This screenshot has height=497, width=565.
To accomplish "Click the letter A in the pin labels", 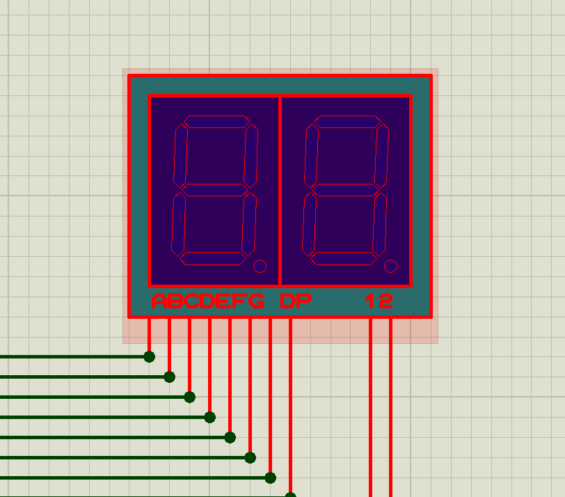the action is click(159, 301).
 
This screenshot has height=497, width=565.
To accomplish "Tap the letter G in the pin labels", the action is click(257, 301).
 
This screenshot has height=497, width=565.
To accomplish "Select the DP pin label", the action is click(296, 301).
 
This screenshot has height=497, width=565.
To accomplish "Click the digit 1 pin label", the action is click(371, 301).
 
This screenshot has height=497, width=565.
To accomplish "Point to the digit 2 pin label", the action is click(386, 301).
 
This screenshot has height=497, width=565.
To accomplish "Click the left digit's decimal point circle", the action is click(260, 266).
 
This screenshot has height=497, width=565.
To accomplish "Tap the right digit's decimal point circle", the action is click(390, 266).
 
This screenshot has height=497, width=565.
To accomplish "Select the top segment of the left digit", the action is click(216, 123).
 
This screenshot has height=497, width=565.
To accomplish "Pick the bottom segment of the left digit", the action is click(209, 258).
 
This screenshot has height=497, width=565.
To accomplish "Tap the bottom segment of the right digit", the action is click(340, 258).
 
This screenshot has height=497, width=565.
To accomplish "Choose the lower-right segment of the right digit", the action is click(380, 224).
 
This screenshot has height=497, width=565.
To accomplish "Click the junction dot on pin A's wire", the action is click(149, 356).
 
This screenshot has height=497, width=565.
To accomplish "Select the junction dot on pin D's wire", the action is click(209, 417).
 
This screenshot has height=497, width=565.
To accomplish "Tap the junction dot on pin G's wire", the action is click(270, 478).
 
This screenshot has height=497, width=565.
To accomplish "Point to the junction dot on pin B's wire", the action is click(169, 377).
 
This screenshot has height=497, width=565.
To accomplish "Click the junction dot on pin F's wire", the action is click(250, 457).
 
